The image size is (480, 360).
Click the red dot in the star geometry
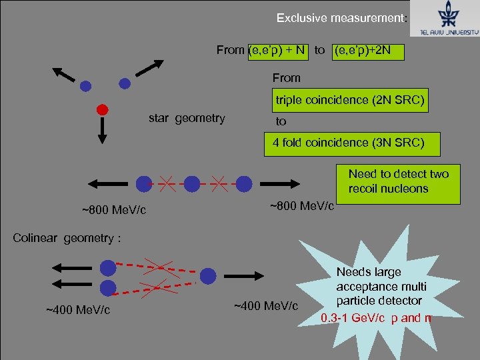tap(102, 109)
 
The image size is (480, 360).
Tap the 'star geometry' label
tap(187, 119)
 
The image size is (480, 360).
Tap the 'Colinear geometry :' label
tap(67, 238)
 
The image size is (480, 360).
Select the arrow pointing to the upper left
tap(65, 73)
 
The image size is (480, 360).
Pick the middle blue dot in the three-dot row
tap(192, 183)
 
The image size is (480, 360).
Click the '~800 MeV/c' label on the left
tap(114, 211)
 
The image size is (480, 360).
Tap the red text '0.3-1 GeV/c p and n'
tap(376, 317)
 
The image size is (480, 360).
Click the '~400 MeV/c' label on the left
tap(78, 310)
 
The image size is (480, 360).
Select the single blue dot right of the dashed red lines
tap(208, 275)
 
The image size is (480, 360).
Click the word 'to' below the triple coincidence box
tap(281, 121)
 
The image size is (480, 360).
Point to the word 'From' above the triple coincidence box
tap(287, 78)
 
